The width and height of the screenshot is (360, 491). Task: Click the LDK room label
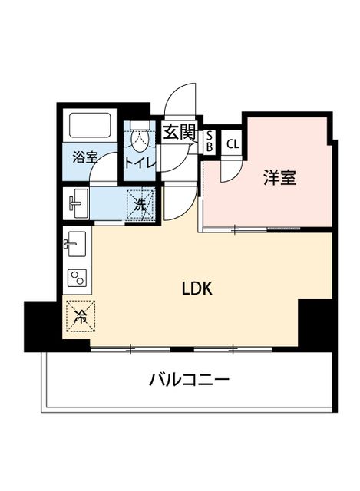point(197,288)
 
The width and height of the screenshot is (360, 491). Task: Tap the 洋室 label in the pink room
point(279,177)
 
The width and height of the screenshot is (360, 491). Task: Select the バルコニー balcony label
point(190,381)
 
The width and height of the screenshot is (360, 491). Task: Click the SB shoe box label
point(210,142)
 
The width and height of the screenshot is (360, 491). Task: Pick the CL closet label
point(233,144)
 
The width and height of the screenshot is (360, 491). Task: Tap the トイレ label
point(140,163)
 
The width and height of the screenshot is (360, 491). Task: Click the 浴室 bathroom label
point(85,157)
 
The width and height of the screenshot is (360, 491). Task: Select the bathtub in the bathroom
point(91,125)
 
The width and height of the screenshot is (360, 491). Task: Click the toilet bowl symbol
point(140,135)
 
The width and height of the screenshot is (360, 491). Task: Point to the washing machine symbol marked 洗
point(140,204)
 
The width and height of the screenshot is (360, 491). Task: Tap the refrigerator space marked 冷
point(81,316)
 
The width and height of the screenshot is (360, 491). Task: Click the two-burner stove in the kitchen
point(77,278)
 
